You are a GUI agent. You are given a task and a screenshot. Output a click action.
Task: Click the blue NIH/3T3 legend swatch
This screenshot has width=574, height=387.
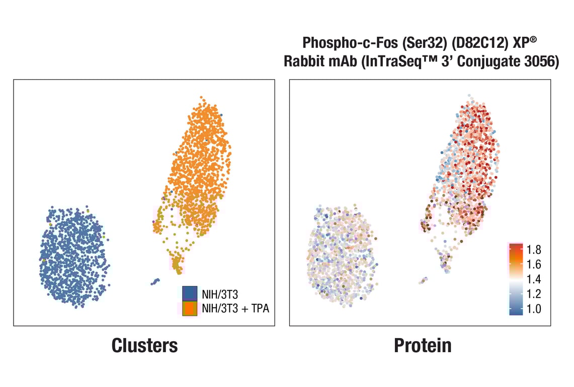[189, 293]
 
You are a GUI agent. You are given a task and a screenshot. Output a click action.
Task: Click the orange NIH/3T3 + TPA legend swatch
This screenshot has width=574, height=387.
[189, 308]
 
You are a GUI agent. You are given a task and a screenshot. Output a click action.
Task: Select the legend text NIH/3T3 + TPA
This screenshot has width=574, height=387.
[235, 308]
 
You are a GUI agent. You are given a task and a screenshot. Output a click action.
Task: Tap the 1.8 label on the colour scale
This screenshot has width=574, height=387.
[534, 249]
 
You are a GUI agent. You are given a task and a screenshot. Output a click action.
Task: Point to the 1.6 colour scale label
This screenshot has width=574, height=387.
[534, 264]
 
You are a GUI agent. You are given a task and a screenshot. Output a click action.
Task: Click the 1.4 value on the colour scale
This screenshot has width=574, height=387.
[534, 279]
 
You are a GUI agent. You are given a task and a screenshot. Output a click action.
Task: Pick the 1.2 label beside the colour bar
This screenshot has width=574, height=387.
[534, 294]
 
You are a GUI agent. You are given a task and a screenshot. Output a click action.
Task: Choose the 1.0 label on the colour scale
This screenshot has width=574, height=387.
[534, 309]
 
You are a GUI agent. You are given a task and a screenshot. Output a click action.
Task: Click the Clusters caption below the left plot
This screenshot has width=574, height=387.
[144, 346]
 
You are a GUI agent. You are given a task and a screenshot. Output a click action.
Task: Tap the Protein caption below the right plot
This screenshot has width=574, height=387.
[423, 346]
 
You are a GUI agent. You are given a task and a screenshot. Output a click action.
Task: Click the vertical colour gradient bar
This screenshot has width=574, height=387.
[516, 279]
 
